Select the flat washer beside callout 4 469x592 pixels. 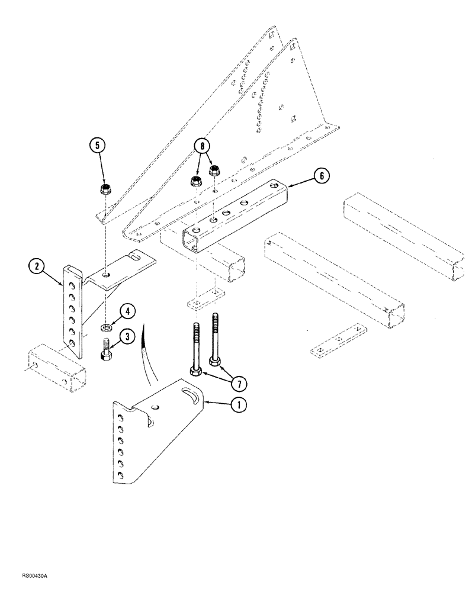(106, 327)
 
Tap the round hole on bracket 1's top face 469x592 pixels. (156, 407)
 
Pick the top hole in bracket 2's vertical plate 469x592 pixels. (70, 272)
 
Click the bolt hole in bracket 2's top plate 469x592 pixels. (105, 275)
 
